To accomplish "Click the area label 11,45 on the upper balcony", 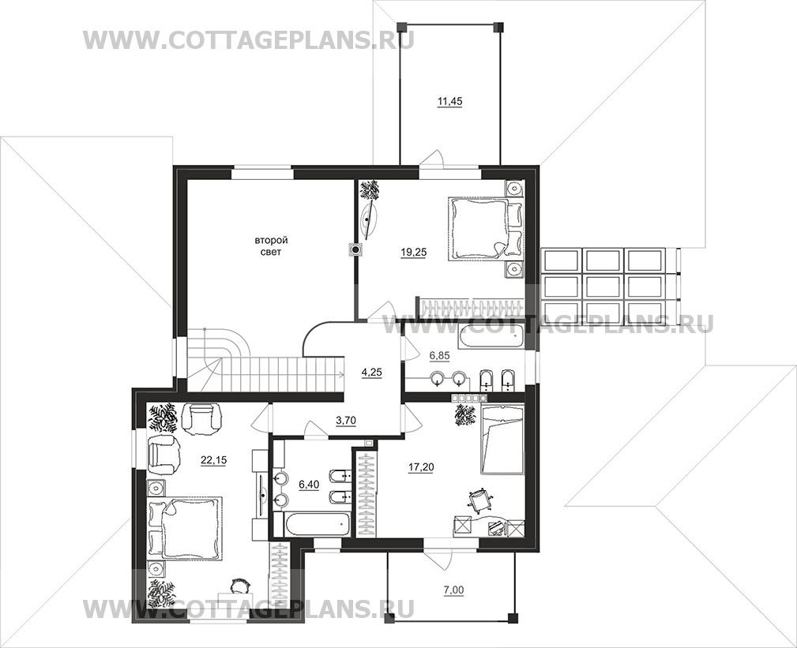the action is [x=449, y=102].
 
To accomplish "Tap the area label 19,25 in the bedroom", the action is [x=413, y=251].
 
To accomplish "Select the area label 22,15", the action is [x=213, y=461].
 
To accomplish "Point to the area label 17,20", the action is [x=421, y=467].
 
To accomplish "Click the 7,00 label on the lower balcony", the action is [x=450, y=590].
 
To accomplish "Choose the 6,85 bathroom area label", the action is [x=440, y=356].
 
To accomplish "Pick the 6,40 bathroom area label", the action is [x=309, y=485].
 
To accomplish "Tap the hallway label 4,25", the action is [x=371, y=373].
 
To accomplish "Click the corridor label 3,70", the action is [x=346, y=421].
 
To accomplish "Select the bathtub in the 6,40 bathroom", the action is [x=312, y=523].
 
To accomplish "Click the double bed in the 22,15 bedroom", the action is [x=185, y=529].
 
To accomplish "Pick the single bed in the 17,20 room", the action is [x=502, y=439].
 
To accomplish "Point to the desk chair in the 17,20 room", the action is [x=479, y=500].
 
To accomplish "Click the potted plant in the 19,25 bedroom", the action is [x=370, y=190].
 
